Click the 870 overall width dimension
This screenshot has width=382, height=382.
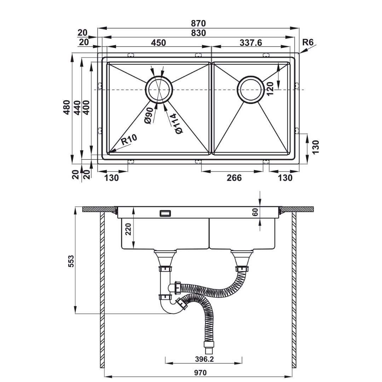coord(198,23)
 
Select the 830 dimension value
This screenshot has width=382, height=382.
coord(198,33)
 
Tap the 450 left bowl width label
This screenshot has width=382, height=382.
coord(158,43)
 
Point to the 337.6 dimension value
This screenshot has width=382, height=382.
coord(251,43)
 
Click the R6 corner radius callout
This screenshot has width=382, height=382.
coord(307,42)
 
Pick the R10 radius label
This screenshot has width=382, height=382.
coord(129,140)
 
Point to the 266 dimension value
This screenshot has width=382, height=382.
coord(234,178)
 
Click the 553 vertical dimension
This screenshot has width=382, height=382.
coord(70,261)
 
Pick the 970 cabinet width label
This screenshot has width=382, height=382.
coord(201,373)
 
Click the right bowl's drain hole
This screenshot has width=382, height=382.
coord(251,89)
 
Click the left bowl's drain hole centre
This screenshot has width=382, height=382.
coord(159,89)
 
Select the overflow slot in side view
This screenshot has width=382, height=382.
coord(165,213)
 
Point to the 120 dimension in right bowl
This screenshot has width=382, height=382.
coord(270,89)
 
